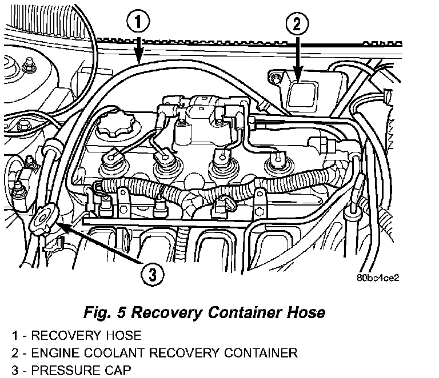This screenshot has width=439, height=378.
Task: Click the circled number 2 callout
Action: click(x=297, y=25)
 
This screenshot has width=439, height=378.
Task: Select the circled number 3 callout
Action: click(x=150, y=275)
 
